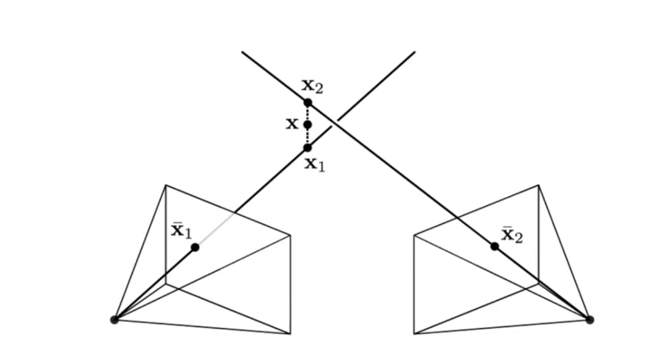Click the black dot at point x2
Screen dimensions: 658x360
307,103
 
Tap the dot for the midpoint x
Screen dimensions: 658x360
307,124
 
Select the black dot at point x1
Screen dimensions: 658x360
307,148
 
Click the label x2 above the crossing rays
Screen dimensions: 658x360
312,87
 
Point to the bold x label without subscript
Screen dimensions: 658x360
292,124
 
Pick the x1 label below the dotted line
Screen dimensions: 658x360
314,164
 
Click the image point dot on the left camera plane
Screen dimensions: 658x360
195,247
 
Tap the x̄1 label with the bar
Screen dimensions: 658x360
182,231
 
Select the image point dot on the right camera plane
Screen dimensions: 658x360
495,246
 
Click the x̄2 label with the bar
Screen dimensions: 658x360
511,235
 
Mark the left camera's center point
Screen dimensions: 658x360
114,320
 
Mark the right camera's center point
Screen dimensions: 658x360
590,320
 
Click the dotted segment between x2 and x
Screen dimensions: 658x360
307,113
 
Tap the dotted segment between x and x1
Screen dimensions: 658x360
307,136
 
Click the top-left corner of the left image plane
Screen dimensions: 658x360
166,185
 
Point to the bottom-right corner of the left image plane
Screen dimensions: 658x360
290,333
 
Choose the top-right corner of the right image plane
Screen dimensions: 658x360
538,185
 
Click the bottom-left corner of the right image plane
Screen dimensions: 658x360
414,333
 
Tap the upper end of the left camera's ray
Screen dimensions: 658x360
414,52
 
